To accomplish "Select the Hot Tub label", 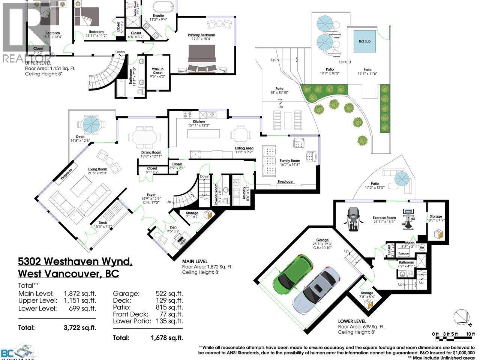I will (364, 41).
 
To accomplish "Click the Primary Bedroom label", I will (201, 35).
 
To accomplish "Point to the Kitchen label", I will (199, 121).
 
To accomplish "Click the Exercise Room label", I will (384, 218).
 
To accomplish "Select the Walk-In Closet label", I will (157, 71).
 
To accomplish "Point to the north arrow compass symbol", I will (461, 318).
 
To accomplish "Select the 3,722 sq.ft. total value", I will (79, 327).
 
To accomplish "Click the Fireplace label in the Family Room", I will (285, 181).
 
